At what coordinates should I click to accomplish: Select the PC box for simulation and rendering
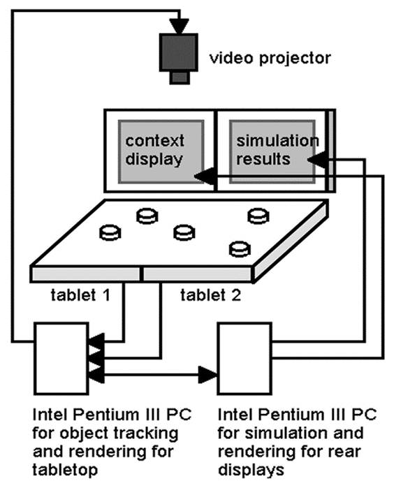click(x=246, y=359)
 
